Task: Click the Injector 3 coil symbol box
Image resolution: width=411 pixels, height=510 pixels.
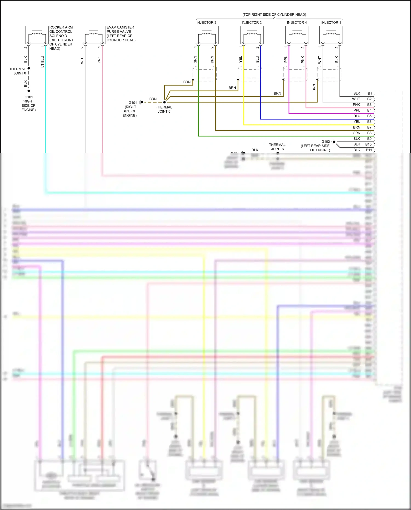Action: click(207, 35)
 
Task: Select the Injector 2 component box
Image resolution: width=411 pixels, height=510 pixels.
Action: click(252, 35)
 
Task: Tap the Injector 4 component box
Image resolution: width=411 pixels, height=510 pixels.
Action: click(297, 35)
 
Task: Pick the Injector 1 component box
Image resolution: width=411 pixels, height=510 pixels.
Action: click(331, 35)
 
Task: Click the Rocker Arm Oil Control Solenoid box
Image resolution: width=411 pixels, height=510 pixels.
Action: click(37, 35)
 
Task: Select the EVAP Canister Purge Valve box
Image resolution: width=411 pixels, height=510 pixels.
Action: click(93, 35)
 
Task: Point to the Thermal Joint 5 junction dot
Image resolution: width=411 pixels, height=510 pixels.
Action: click(164, 102)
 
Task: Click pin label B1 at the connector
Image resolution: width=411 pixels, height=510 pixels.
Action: click(370, 93)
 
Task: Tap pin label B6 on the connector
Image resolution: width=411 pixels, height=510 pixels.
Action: click(369, 122)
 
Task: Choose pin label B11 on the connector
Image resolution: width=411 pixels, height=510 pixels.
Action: click(369, 150)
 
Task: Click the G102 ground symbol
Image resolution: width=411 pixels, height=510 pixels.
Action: click(333, 142)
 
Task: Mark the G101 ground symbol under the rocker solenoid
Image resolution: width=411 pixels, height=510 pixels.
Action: click(28, 92)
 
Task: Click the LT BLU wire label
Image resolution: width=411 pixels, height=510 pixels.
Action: click(42, 62)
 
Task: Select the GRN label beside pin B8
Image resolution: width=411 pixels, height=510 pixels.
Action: click(356, 133)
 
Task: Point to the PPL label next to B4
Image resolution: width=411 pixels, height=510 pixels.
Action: click(356, 110)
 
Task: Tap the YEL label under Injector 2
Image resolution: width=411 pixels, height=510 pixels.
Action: click(241, 59)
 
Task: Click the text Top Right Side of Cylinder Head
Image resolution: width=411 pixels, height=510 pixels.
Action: click(274, 15)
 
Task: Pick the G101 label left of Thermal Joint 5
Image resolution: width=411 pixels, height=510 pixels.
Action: click(133, 102)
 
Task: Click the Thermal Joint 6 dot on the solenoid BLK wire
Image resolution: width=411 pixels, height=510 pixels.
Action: click(28, 68)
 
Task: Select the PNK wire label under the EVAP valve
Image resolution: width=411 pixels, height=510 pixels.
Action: click(99, 60)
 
